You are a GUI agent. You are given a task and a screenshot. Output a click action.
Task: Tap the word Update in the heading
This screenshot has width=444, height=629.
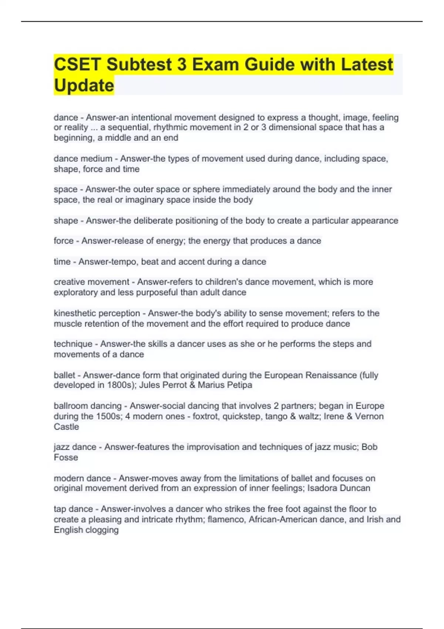84,85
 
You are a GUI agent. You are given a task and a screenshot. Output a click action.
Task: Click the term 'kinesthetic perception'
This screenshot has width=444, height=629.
97,313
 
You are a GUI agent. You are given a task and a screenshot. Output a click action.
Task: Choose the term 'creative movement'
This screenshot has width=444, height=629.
91,282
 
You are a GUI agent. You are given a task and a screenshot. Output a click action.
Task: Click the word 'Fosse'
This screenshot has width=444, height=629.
66,457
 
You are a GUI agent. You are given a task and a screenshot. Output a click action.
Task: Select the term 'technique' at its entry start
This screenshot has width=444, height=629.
73,344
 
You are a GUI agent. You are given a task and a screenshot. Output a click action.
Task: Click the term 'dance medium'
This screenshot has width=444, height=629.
83,159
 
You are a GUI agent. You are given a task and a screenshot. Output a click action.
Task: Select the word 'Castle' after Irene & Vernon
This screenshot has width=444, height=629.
66,427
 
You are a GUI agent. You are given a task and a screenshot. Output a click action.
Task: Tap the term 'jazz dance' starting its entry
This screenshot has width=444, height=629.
75,447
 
